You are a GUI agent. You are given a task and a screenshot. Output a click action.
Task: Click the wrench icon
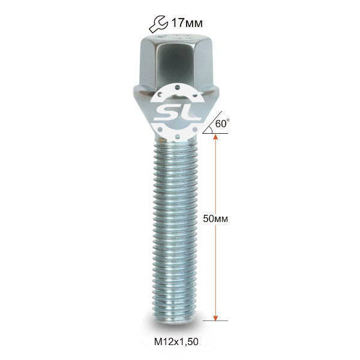coord(158,24)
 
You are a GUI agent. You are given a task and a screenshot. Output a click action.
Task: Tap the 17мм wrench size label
coord(187,23)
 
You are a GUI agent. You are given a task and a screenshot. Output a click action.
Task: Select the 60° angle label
coord(223,124)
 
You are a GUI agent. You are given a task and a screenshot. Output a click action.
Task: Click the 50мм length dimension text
coord(215,219)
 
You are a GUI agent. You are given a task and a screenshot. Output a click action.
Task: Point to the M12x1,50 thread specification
coord(176,341)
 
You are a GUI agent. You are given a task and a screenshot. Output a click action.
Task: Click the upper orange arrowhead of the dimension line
coord(215,137)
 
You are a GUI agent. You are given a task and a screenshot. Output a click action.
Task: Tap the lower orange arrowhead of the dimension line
coord(215,317)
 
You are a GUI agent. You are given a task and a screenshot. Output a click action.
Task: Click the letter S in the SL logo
coord(166,113)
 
